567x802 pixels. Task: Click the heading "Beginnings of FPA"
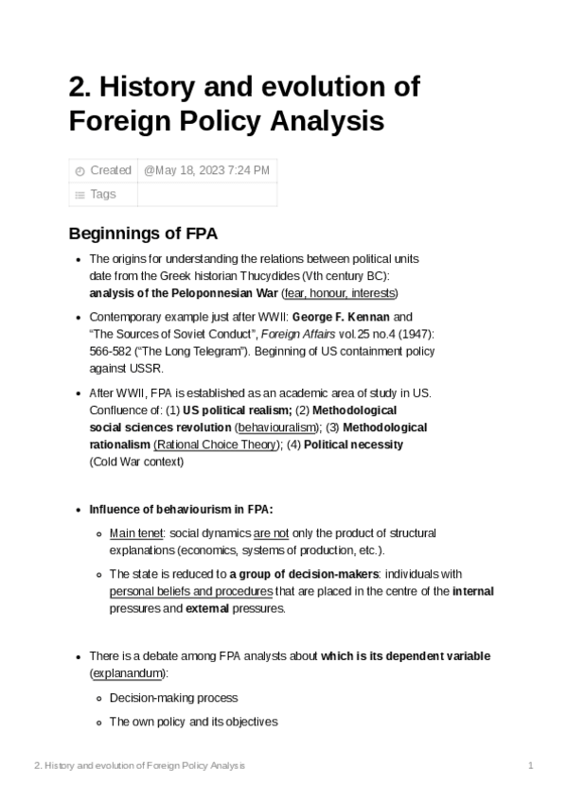144,234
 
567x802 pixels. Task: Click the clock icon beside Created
80,171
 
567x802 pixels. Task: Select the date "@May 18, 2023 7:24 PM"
207,170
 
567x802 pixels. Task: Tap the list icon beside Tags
80,195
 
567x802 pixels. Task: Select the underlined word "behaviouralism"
276,427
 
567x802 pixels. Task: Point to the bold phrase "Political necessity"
354,445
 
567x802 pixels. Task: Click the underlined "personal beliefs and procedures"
191,592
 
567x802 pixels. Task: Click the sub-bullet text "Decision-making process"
173,698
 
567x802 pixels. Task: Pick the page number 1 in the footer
531,764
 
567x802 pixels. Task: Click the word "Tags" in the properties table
102,194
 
